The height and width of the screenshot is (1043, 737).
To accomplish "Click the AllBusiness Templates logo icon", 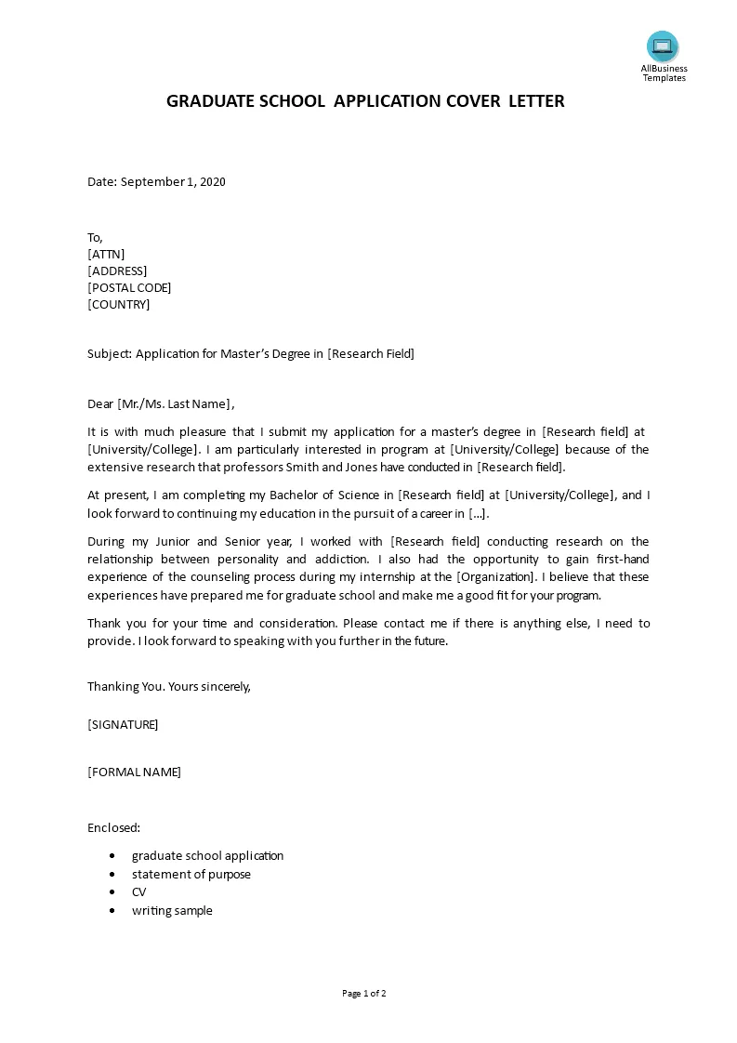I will (x=663, y=46).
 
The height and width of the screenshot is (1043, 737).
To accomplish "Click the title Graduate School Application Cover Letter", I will (x=365, y=101).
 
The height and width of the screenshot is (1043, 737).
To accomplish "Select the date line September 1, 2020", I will (x=156, y=181).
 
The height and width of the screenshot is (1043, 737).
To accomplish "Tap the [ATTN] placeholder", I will (x=106, y=254).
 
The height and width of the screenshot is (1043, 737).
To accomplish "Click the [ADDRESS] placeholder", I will (x=117, y=271).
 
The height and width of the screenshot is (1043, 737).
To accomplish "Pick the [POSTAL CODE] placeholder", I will (x=129, y=287).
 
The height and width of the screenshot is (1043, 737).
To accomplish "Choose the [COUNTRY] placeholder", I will (x=118, y=304).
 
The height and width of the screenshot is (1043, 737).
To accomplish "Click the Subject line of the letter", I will (x=251, y=353).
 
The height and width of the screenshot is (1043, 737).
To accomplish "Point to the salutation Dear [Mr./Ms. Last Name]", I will (x=161, y=403).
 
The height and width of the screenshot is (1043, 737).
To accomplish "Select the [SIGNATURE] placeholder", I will (x=123, y=724).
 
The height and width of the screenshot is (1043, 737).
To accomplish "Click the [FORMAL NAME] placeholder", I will (x=134, y=772).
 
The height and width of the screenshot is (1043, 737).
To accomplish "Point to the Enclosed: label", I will (x=113, y=827).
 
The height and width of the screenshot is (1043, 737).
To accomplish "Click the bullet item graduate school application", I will (x=207, y=855).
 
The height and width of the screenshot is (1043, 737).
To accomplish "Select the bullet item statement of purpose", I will (x=191, y=874).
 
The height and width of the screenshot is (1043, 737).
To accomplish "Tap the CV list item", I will (x=138, y=892).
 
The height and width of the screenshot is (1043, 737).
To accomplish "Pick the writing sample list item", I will (x=172, y=911).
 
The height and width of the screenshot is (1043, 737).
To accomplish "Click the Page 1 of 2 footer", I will (x=364, y=993).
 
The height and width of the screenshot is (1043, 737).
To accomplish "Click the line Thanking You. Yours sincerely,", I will (x=169, y=687).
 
